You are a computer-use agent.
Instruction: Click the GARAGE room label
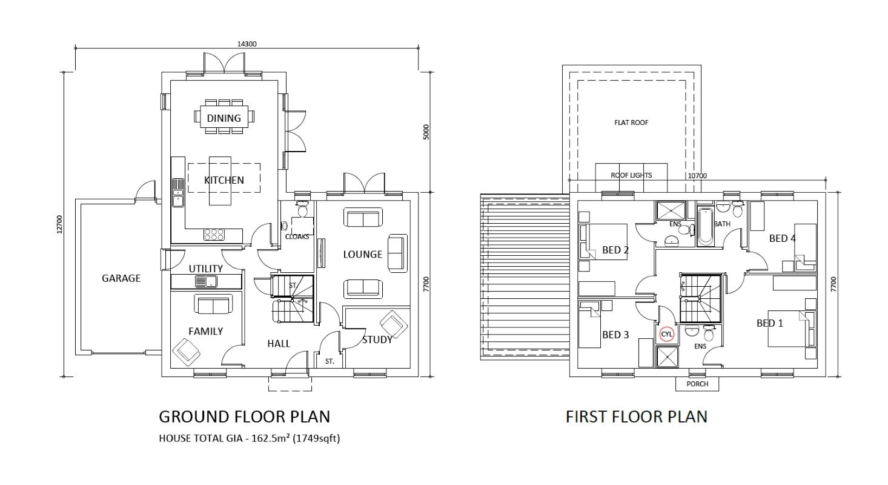(121, 278)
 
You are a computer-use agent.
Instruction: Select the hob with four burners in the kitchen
(214, 235)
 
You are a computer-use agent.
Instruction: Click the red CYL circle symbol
(666, 334)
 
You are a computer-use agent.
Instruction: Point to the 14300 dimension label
(247, 44)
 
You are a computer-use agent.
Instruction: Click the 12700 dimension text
(59, 224)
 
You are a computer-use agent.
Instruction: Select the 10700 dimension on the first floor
(697, 176)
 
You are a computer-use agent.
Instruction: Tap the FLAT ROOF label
(631, 122)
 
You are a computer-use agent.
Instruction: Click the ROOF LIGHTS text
(631, 175)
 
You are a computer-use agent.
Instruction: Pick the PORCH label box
(697, 384)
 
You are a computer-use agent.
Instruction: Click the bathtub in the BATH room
(705, 226)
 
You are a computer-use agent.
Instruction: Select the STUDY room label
(377, 339)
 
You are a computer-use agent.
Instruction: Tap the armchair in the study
(393, 324)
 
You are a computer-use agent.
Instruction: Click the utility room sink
(206, 281)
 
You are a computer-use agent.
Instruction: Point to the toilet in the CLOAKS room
(302, 209)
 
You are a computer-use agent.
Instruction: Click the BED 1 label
(770, 323)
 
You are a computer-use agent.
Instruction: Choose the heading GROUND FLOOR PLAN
(245, 416)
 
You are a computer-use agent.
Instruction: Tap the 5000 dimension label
(426, 132)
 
